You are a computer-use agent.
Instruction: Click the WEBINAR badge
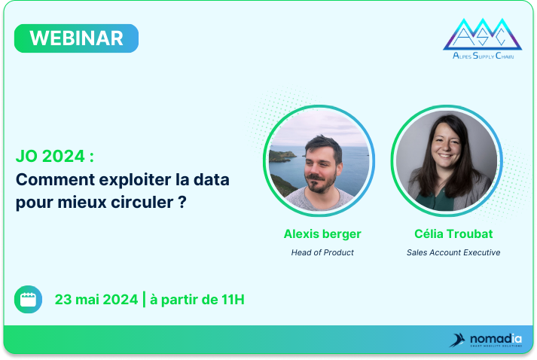click(x=76, y=38)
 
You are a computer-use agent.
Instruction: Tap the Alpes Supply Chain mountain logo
click(x=483, y=38)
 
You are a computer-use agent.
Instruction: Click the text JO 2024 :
click(x=55, y=156)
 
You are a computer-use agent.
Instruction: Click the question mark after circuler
click(x=182, y=202)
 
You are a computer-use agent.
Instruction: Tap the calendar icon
click(x=28, y=299)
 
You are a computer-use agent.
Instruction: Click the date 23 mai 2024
click(x=96, y=299)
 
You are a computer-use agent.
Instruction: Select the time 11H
click(x=233, y=299)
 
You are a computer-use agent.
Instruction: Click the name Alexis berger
click(x=322, y=234)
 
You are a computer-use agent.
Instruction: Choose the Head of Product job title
click(x=322, y=252)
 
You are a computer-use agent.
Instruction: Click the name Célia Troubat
click(x=453, y=234)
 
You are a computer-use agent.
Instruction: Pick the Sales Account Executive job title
click(x=453, y=252)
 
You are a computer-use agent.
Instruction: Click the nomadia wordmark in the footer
click(x=496, y=339)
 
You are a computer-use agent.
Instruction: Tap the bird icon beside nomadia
click(x=457, y=340)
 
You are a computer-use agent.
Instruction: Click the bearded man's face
click(x=322, y=166)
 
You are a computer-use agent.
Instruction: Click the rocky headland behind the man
click(x=282, y=156)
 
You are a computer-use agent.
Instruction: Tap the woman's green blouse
click(x=435, y=200)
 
